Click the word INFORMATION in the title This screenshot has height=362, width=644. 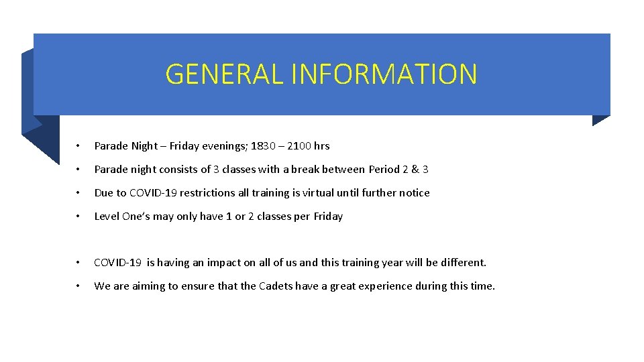[384, 74]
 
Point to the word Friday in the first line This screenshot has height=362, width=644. [184, 145]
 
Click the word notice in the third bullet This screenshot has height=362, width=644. [414, 192]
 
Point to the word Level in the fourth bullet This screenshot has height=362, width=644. [107, 216]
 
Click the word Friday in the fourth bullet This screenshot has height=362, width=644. [328, 216]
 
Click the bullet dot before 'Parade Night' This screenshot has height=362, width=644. [78, 146]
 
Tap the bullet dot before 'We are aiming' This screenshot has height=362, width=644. [78, 286]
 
